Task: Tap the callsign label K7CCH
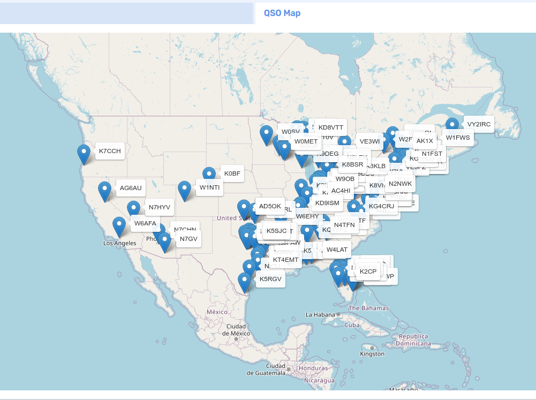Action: [110, 152]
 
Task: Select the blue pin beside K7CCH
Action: [84, 154]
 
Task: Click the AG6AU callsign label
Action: [131, 188]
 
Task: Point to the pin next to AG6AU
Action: [105, 191]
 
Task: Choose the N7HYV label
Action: [160, 207]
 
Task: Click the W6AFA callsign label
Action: [145, 223]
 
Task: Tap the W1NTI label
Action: [210, 187]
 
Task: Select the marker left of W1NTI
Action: [185, 190]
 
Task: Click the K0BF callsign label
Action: [233, 173]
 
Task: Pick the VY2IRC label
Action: [479, 124]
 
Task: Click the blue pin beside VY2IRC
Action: [452, 126]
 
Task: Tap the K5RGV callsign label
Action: [270, 279]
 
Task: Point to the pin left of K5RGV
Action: [244, 282]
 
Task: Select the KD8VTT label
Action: [330, 127]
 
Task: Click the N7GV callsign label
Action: [188, 239]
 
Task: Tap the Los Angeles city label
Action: [120, 243]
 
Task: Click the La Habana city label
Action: [321, 314]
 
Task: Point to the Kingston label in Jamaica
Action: [372, 354]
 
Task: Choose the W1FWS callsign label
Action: [458, 138]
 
